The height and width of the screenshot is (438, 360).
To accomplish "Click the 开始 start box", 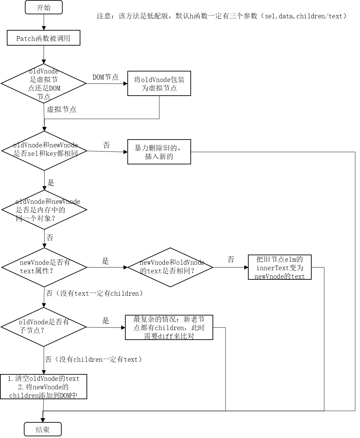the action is point(44,7).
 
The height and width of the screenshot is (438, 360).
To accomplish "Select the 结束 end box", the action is point(43,429).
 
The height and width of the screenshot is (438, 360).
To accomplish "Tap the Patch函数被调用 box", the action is point(44,38).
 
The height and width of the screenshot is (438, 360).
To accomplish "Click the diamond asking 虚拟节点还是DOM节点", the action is point(44,83).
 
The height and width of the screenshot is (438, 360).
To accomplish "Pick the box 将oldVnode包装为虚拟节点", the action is point(159,83).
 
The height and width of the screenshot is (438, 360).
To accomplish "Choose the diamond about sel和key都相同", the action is point(44,150).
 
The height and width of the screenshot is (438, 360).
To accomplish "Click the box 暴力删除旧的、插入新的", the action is point(159,152).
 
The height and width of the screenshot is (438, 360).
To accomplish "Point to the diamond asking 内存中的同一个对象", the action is point(44,210).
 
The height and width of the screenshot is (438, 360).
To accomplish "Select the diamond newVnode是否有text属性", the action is point(44,267).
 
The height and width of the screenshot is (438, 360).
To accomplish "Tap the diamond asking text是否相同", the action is point(170,267).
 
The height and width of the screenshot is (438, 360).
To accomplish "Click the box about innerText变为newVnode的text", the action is point(280,267).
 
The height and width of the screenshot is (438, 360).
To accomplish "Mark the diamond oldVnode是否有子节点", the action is point(44,327).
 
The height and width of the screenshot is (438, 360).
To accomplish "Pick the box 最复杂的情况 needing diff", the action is point(169,327).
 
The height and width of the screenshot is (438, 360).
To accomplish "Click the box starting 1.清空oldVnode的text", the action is point(44,387).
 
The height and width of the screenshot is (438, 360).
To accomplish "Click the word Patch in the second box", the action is point(26,38).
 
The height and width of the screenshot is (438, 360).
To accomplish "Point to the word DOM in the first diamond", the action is point(54,88).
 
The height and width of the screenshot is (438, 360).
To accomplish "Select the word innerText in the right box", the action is point(272,268).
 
